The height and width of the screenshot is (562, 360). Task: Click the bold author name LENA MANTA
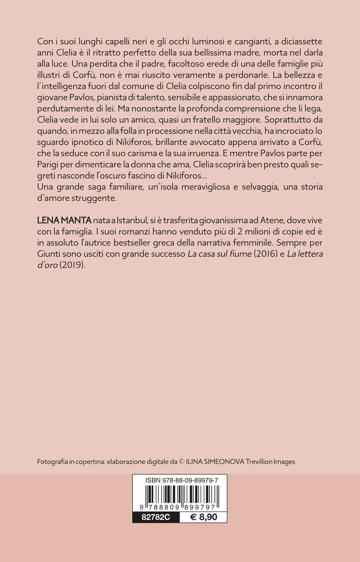tap(64, 220)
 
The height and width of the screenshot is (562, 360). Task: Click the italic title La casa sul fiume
tap(220, 254)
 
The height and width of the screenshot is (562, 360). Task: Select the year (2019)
tap(73, 265)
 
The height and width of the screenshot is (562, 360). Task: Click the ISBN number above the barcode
tap(182, 480)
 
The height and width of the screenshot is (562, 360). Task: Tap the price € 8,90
tap(203, 517)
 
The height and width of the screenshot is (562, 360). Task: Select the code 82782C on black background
tap(156, 517)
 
